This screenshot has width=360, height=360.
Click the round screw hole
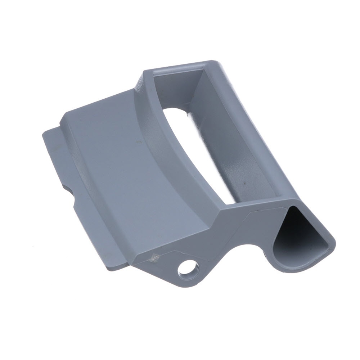tap(188, 268)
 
